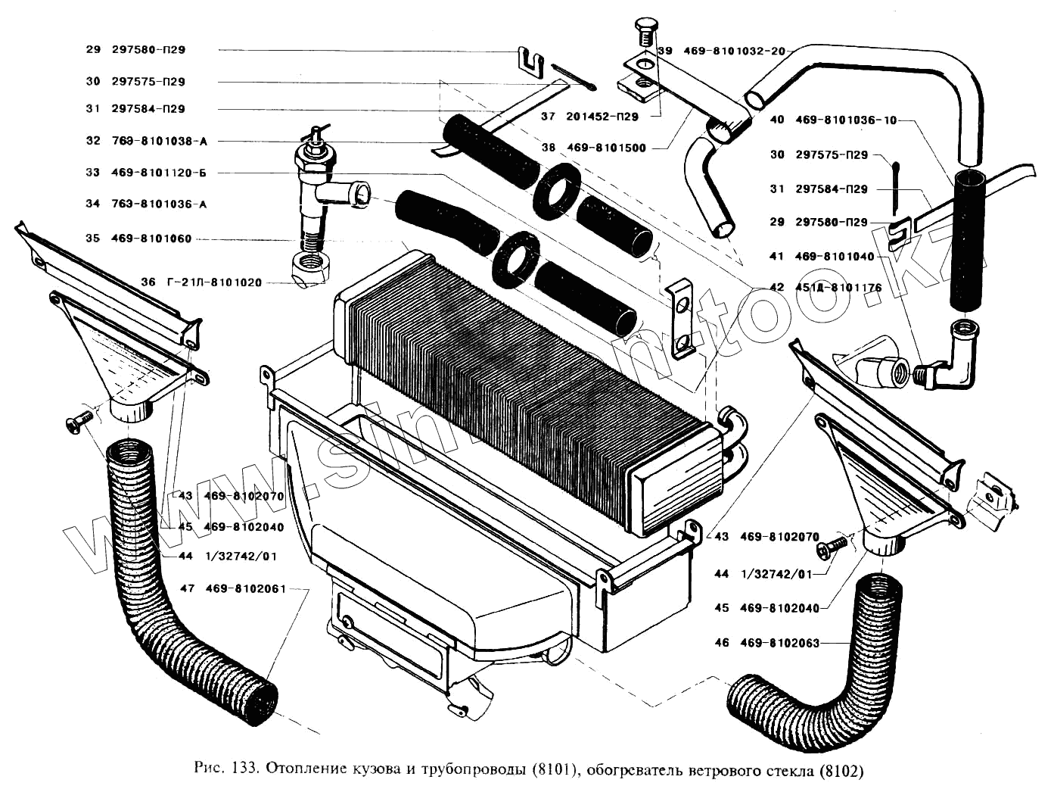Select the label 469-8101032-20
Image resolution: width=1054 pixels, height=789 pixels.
pyautogui.click(x=734, y=51)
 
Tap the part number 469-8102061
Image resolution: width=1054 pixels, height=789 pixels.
pyautogui.click(x=245, y=588)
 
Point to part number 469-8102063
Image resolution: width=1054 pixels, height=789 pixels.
pyautogui.click(x=779, y=643)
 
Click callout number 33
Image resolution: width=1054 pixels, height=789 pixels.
pyautogui.click(x=93, y=173)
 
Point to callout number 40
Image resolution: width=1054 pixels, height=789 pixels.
pyautogui.click(x=777, y=120)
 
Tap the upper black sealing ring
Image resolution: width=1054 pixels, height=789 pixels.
pyautogui.click(x=556, y=188)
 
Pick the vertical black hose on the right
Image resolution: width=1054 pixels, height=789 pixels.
pyautogui.click(x=968, y=241)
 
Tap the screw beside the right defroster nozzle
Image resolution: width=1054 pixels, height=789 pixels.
pyautogui.click(x=835, y=545)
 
